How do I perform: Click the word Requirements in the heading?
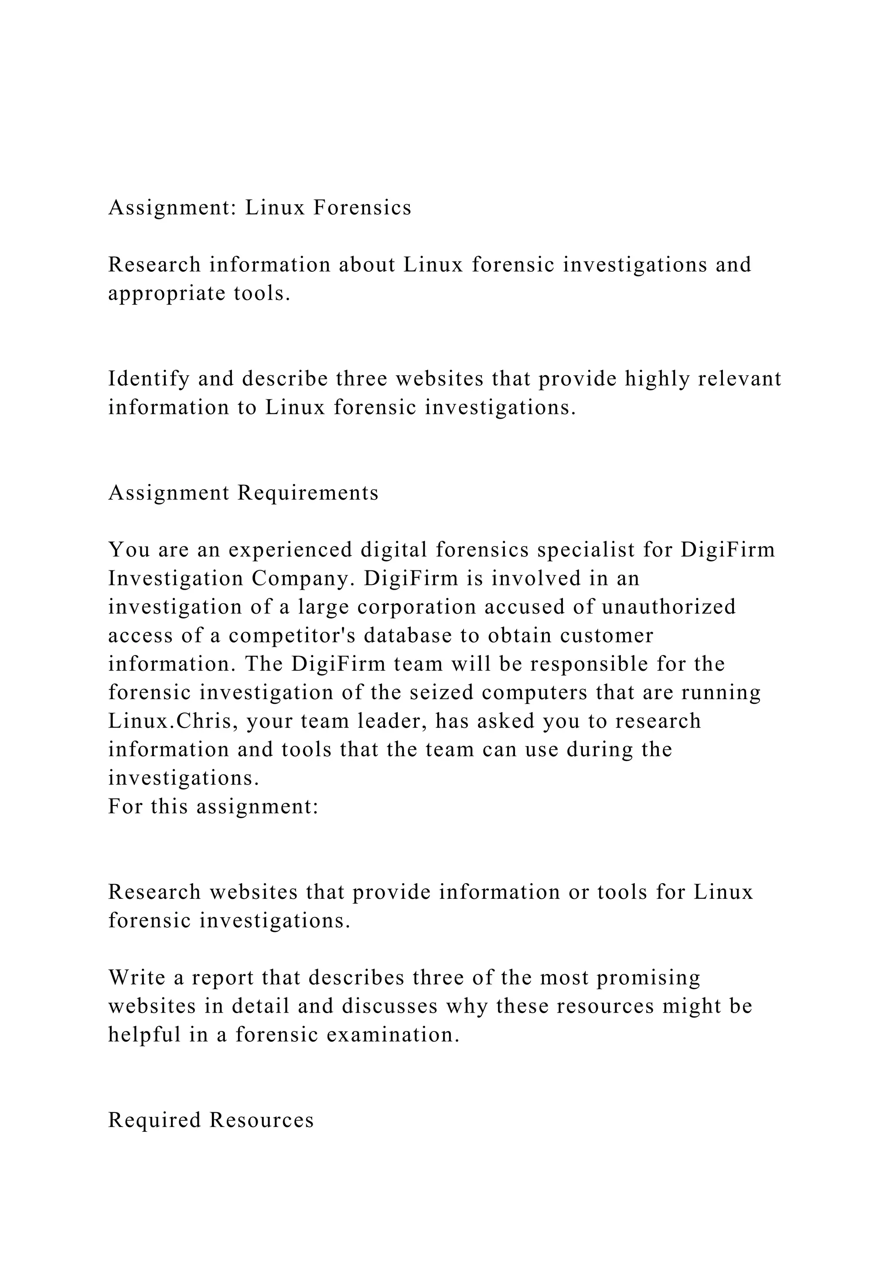308,493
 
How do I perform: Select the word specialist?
578,550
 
